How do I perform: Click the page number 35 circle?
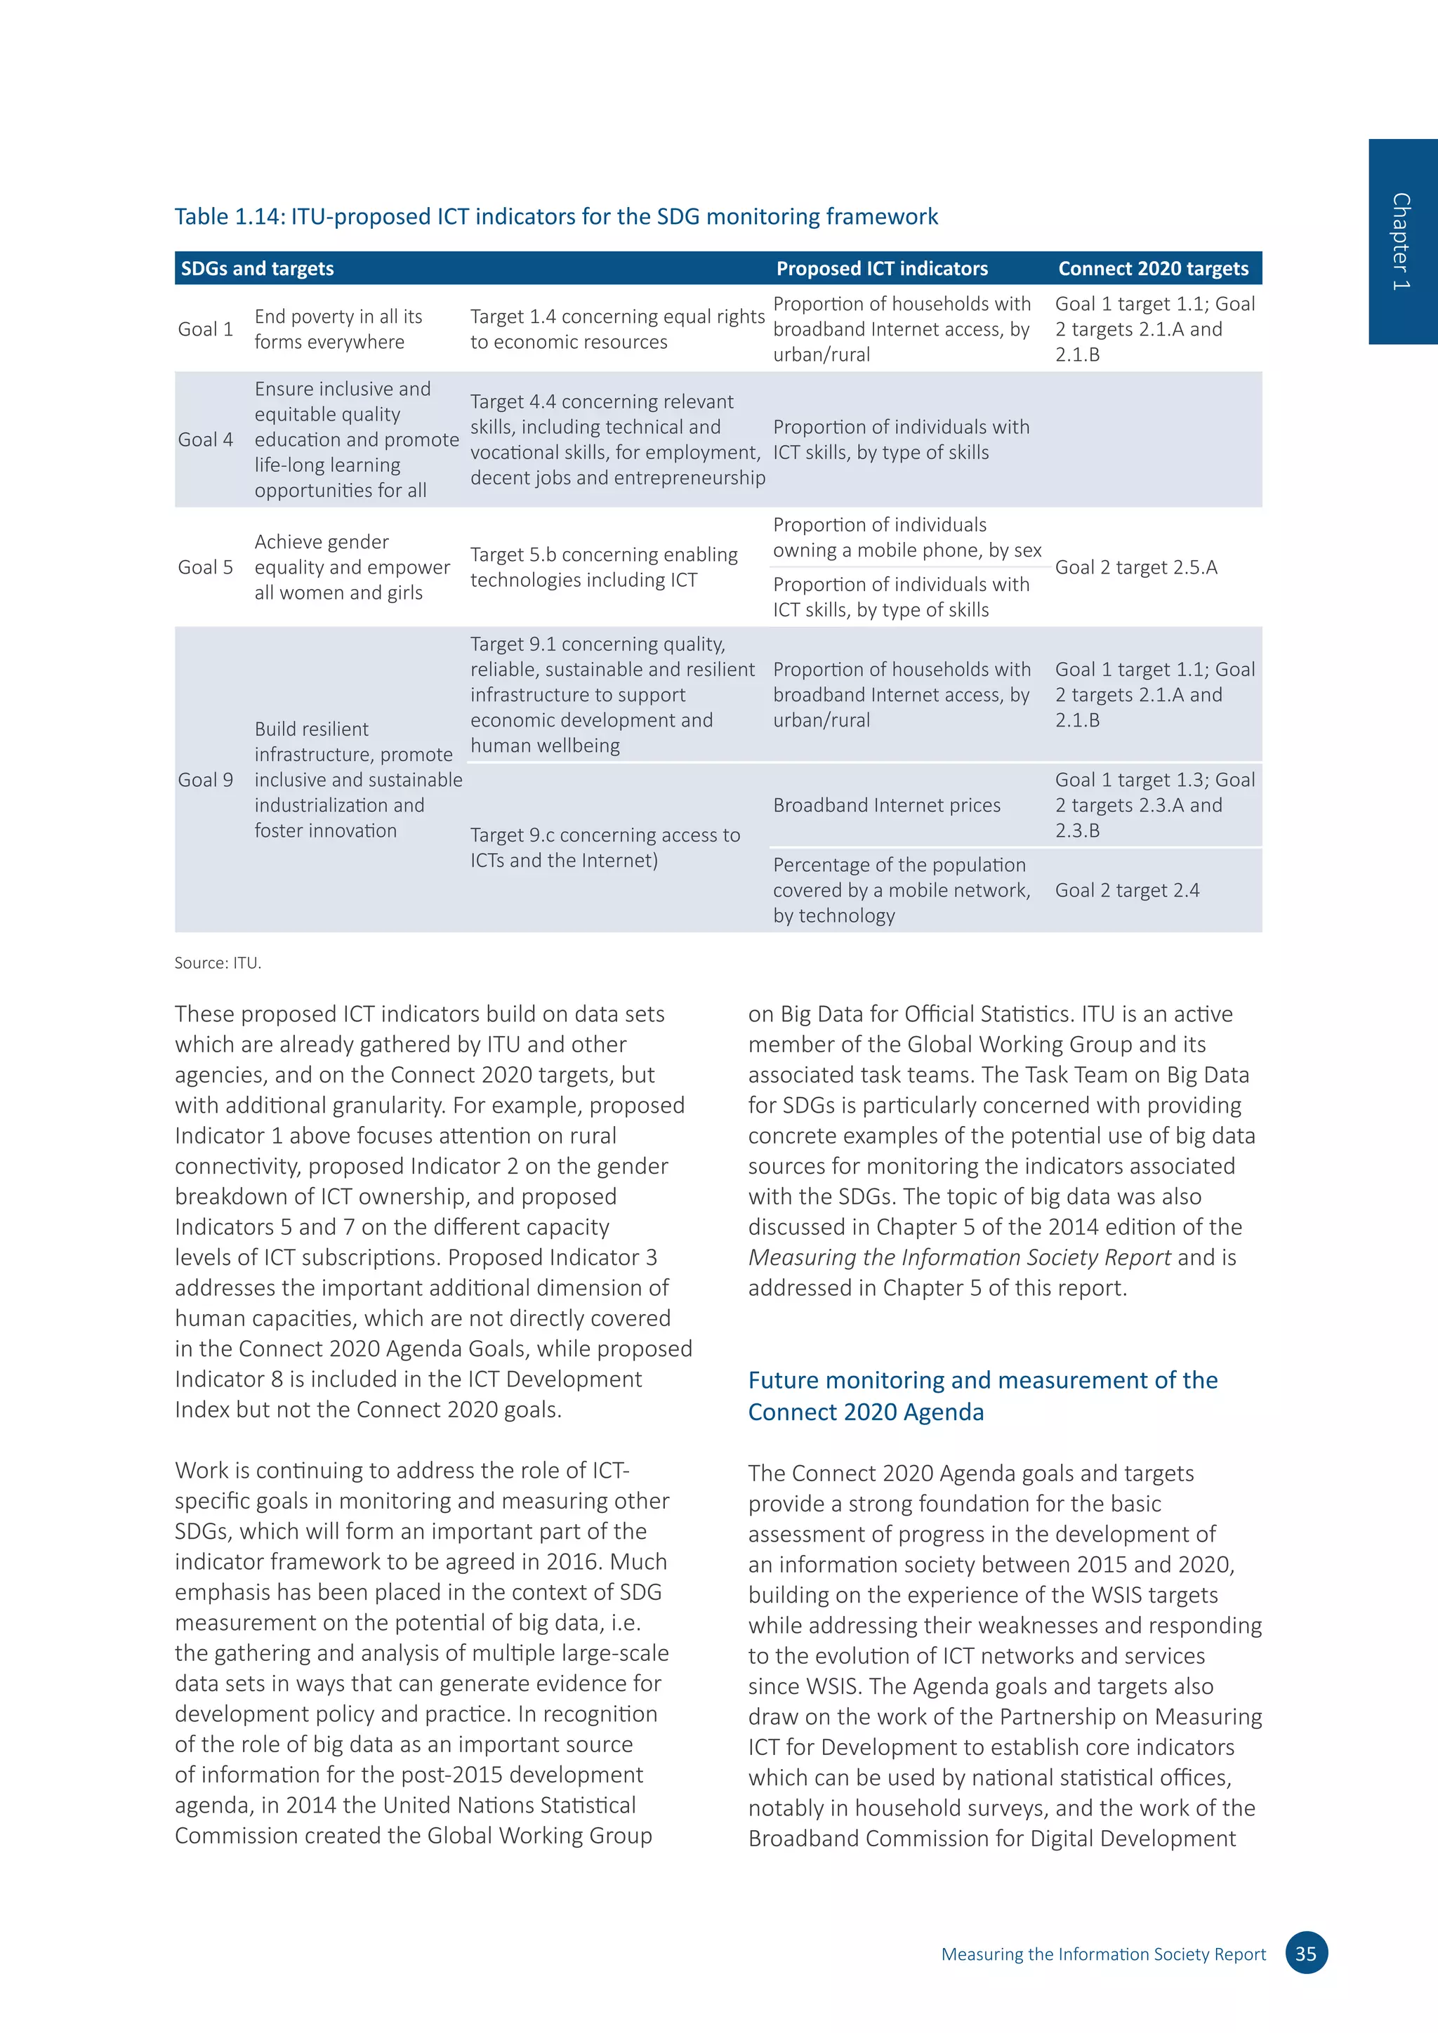point(1305,1953)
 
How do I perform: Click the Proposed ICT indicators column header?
point(881,268)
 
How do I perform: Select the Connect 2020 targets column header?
point(1152,268)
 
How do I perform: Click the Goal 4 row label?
point(206,440)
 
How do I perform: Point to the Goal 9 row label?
point(206,780)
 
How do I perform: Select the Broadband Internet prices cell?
point(886,805)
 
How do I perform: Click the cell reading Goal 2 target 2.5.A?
point(1135,568)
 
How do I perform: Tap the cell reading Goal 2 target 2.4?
point(1126,891)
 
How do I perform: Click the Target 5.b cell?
point(603,568)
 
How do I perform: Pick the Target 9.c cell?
point(605,847)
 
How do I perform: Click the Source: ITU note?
point(218,963)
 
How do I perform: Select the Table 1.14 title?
point(555,217)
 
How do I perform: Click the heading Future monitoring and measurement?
point(982,1396)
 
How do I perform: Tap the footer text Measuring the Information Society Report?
point(1102,1954)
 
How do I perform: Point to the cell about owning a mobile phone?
point(906,538)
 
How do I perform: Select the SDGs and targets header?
point(257,268)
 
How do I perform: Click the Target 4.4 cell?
point(616,440)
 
